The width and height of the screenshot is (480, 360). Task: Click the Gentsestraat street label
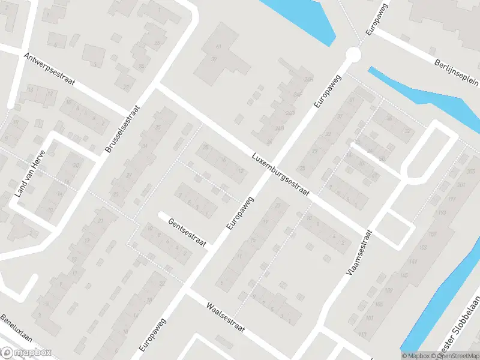(187, 233)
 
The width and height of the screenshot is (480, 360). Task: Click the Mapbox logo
(26, 353)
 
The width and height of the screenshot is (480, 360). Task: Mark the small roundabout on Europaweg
(353, 55)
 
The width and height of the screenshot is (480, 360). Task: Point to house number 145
(403, 275)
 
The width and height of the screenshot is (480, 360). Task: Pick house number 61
(218, 46)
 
